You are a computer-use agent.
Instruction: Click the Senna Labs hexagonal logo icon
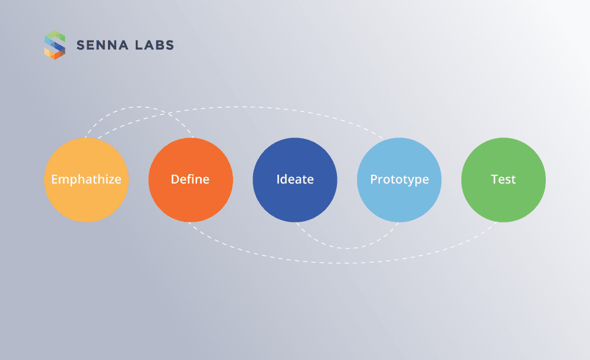pyautogui.click(x=55, y=45)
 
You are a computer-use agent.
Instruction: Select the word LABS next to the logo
pyautogui.click(x=155, y=45)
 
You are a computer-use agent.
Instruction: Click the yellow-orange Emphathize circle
pyautogui.click(x=86, y=201)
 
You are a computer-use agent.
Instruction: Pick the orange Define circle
pyautogui.click(x=190, y=201)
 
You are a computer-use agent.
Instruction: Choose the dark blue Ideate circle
pyautogui.click(x=295, y=201)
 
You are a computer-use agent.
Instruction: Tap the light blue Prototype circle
pyautogui.click(x=399, y=201)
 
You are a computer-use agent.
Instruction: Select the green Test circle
pyautogui.click(x=503, y=201)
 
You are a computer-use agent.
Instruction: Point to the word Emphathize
pyautogui.click(x=86, y=179)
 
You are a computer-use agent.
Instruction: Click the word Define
pyautogui.click(x=190, y=179)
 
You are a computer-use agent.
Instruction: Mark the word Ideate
pyautogui.click(x=295, y=179)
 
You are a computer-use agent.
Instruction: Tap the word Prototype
pyautogui.click(x=399, y=179)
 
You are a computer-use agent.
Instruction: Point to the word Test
pyautogui.click(x=503, y=179)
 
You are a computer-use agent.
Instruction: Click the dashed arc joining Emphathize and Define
pyautogui.click(x=139, y=107)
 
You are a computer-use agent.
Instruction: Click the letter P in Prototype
pyautogui.click(x=373, y=179)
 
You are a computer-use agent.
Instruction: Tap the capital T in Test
pyautogui.click(x=494, y=179)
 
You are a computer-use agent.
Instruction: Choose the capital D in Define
pyautogui.click(x=175, y=179)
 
